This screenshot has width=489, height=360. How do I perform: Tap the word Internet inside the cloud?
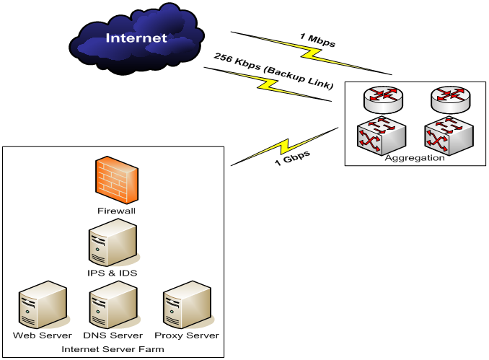136,38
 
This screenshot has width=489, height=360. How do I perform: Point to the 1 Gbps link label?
292,159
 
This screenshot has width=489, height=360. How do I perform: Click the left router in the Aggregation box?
380,100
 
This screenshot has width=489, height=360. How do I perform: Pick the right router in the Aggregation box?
447,100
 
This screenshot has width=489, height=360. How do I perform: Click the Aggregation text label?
415,158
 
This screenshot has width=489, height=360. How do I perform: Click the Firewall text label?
116,211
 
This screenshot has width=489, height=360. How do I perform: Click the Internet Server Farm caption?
113,349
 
